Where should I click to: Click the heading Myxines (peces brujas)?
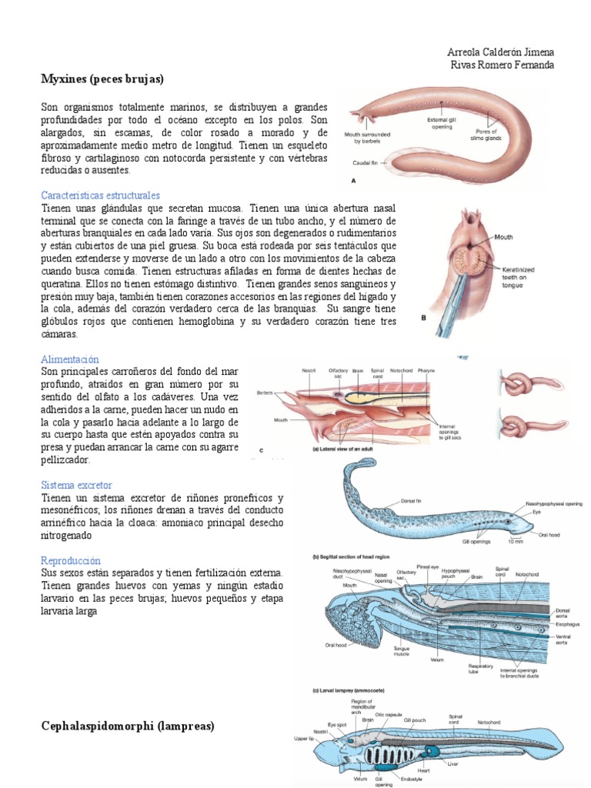coord(103,78)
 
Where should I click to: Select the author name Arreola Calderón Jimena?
coord(500,52)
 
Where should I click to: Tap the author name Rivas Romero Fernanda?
coord(502,65)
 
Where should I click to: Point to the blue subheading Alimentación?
coord(70,359)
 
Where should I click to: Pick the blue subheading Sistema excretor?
coord(76,486)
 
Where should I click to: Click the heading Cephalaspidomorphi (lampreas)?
coord(127,726)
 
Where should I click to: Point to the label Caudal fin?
coord(368,163)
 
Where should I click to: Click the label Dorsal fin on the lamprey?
coord(413,501)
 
